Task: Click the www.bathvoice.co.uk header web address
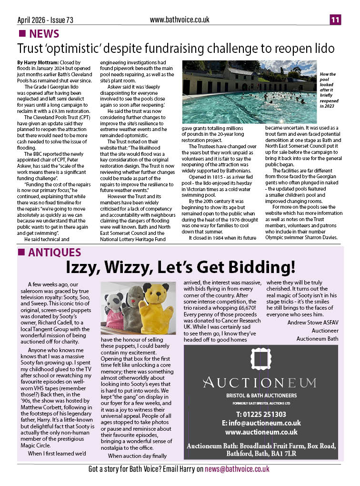pos(180,20)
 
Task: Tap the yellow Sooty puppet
pos(159,310)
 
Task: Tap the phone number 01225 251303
pos(261,414)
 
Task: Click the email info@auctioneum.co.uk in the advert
pos(261,423)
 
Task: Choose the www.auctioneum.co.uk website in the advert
pos(261,432)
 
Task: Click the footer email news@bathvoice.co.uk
pos(237,469)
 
